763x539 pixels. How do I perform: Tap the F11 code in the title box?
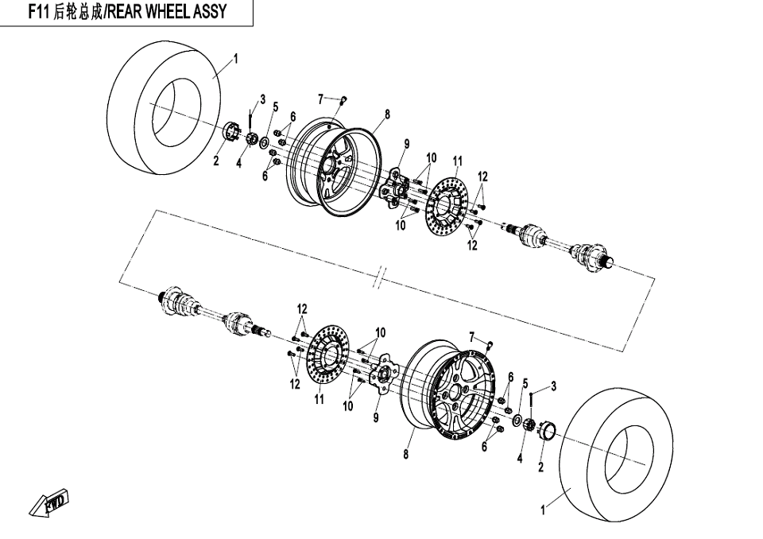[x=40, y=12]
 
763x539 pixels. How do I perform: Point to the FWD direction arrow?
[x=49, y=502]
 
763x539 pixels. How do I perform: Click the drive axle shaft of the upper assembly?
[x=556, y=243]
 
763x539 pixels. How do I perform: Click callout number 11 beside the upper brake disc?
[x=458, y=161]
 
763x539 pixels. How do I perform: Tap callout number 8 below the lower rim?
[x=405, y=455]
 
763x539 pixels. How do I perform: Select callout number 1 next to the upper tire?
[x=235, y=57]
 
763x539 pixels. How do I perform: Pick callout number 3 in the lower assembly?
[x=552, y=386]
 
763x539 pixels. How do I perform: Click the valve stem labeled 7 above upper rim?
[x=343, y=100]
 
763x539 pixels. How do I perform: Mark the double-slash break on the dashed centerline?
[x=382, y=278]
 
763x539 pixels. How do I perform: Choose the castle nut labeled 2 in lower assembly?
[x=546, y=432]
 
